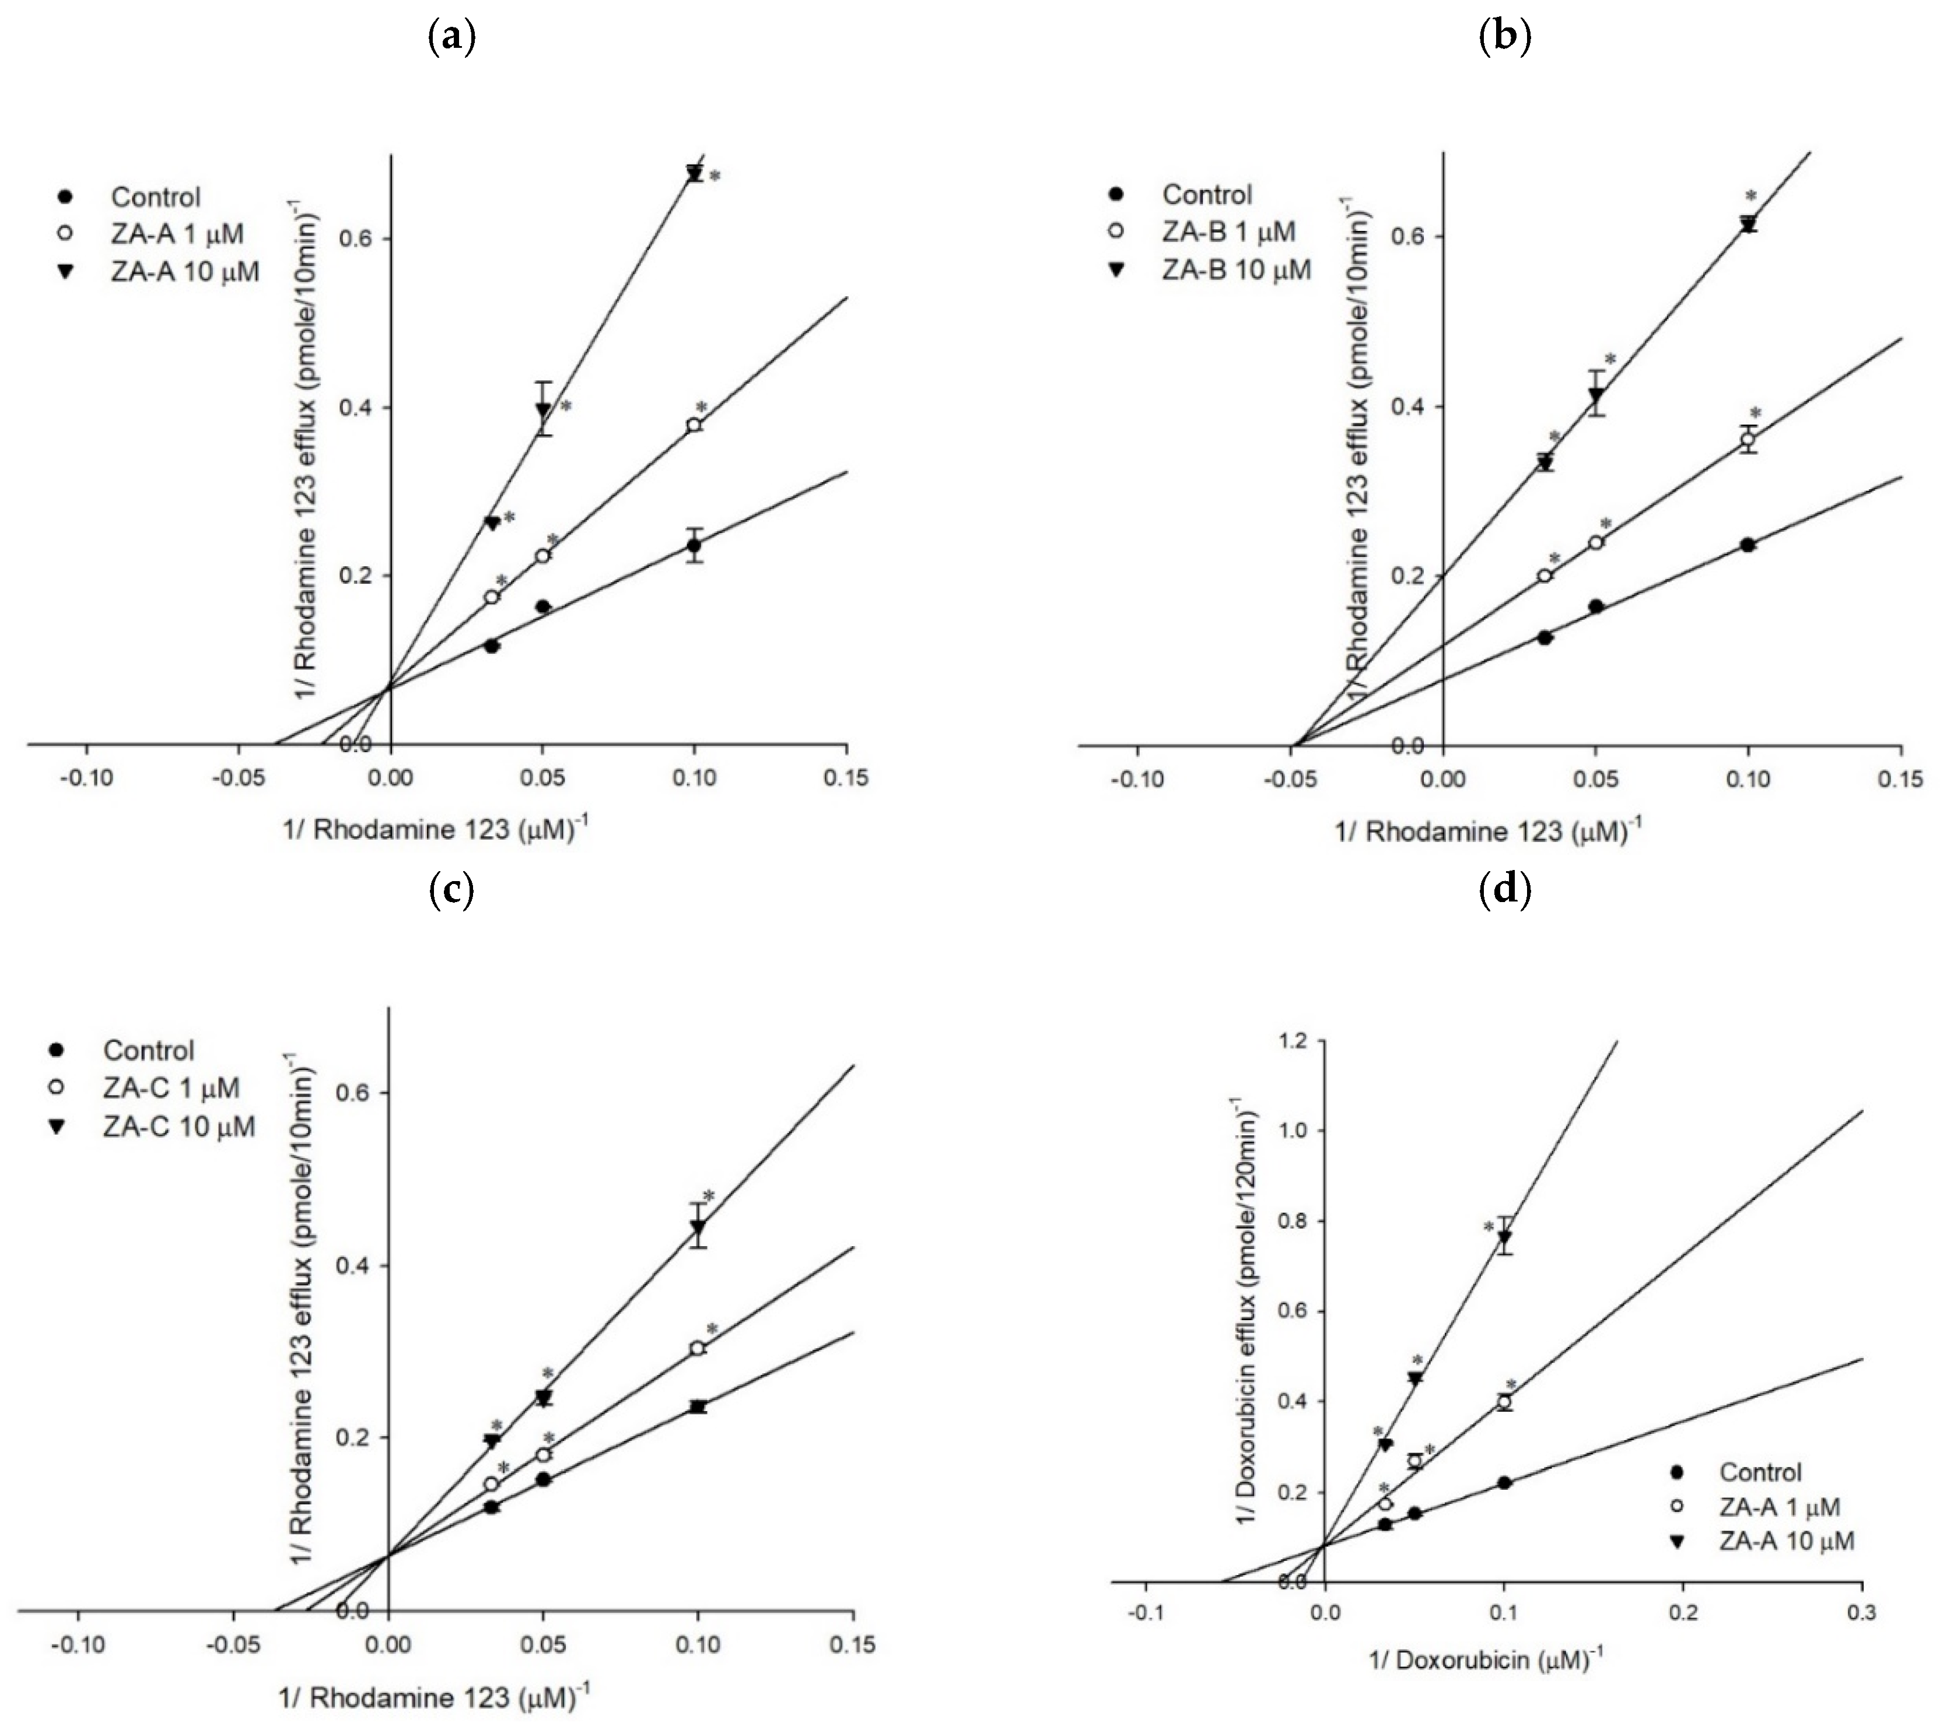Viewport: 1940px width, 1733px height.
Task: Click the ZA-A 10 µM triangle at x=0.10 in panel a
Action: (694, 173)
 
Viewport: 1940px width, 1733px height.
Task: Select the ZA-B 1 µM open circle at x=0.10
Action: (1748, 439)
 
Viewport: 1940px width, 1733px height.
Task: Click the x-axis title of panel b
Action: (1487, 832)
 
